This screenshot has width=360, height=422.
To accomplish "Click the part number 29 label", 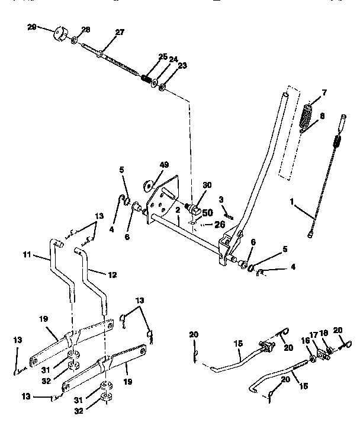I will [x=31, y=28].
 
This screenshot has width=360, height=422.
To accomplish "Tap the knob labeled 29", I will [x=61, y=33].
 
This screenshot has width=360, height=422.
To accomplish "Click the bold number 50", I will [x=207, y=212].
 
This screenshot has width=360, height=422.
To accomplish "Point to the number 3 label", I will [x=220, y=199].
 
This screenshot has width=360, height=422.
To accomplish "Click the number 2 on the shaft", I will [x=177, y=210].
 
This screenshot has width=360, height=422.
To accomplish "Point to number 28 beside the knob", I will [x=85, y=30].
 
